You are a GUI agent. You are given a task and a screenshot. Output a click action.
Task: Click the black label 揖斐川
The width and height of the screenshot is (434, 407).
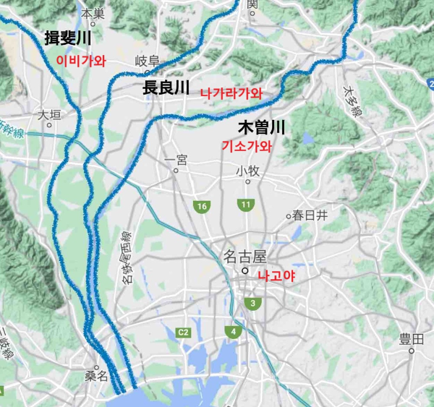[x=68, y=38]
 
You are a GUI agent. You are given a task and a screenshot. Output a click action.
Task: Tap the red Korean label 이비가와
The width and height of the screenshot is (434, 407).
[x=81, y=61]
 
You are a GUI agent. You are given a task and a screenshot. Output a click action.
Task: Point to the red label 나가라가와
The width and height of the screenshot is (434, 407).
[x=231, y=93]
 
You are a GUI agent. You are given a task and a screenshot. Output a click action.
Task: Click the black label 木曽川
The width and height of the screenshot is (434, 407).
[x=262, y=129]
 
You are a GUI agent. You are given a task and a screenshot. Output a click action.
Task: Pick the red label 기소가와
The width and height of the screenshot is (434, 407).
[x=247, y=146]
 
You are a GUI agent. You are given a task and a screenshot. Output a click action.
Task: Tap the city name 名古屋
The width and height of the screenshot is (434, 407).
[x=244, y=256]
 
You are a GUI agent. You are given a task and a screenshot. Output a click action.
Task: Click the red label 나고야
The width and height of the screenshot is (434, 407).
[x=278, y=276]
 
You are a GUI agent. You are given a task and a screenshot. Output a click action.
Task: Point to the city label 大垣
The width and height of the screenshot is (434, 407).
[x=50, y=114]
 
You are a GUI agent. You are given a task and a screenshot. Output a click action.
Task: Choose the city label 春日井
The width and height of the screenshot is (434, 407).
[x=310, y=215]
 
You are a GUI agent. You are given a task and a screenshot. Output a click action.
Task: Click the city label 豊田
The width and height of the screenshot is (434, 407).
[x=411, y=339]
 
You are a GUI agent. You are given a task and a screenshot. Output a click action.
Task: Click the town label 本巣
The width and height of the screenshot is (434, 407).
[x=93, y=13]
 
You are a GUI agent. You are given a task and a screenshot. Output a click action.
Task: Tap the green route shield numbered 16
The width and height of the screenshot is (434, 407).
[x=202, y=207]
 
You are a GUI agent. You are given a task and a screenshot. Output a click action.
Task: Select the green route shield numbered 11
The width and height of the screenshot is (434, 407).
[x=246, y=205]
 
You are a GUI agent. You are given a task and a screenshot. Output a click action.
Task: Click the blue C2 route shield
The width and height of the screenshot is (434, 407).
[x=183, y=332]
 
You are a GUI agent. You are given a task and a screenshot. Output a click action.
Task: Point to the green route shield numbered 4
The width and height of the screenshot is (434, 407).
[x=234, y=332]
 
